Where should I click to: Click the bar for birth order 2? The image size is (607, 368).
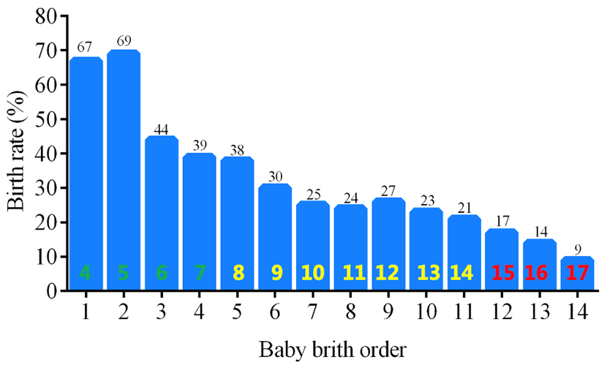tap(124, 168)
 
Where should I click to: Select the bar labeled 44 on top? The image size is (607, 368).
tap(162, 212)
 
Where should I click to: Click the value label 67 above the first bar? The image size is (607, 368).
tap(86, 48)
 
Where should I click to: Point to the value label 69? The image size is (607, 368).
tap(124, 41)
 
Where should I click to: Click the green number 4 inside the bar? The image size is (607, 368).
tap(86, 274)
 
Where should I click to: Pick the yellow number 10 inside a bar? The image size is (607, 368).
tap(313, 274)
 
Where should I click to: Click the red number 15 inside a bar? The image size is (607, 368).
tap(502, 274)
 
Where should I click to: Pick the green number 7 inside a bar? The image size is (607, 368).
tap(200, 274)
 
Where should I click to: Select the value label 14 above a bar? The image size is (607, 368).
tap(540, 230)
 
